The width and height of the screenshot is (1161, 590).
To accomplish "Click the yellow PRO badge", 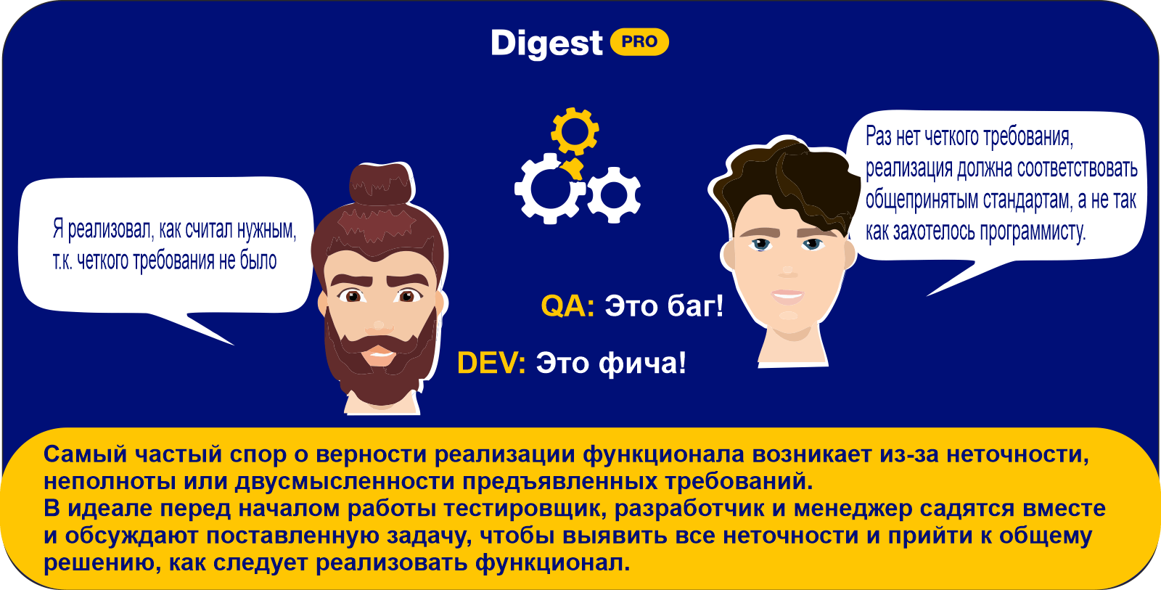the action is pyautogui.click(x=639, y=41).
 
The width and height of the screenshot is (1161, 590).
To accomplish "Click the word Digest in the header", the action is pyautogui.click(x=546, y=43).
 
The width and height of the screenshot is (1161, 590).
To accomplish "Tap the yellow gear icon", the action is pyautogui.click(x=575, y=131).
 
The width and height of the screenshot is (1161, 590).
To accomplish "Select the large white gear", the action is pyautogui.click(x=549, y=189).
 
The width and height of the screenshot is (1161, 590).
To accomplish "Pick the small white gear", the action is pyautogui.click(x=614, y=195).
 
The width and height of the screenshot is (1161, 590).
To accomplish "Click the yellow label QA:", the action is pyautogui.click(x=567, y=306).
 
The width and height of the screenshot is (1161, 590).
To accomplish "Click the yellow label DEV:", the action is pyautogui.click(x=491, y=362).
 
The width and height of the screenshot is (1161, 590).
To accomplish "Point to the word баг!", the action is pyautogui.click(x=694, y=306).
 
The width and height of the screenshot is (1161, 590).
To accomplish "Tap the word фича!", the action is pyautogui.click(x=642, y=362).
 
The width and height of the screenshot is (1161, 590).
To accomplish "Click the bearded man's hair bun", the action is pyautogui.click(x=382, y=184).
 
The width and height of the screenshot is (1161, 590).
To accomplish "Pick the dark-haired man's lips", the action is pyautogui.click(x=788, y=297).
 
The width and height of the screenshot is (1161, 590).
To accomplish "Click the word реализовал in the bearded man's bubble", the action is pyautogui.click(x=110, y=229).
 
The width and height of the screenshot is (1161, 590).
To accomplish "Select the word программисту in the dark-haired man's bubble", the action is pyautogui.click(x=1030, y=232).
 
